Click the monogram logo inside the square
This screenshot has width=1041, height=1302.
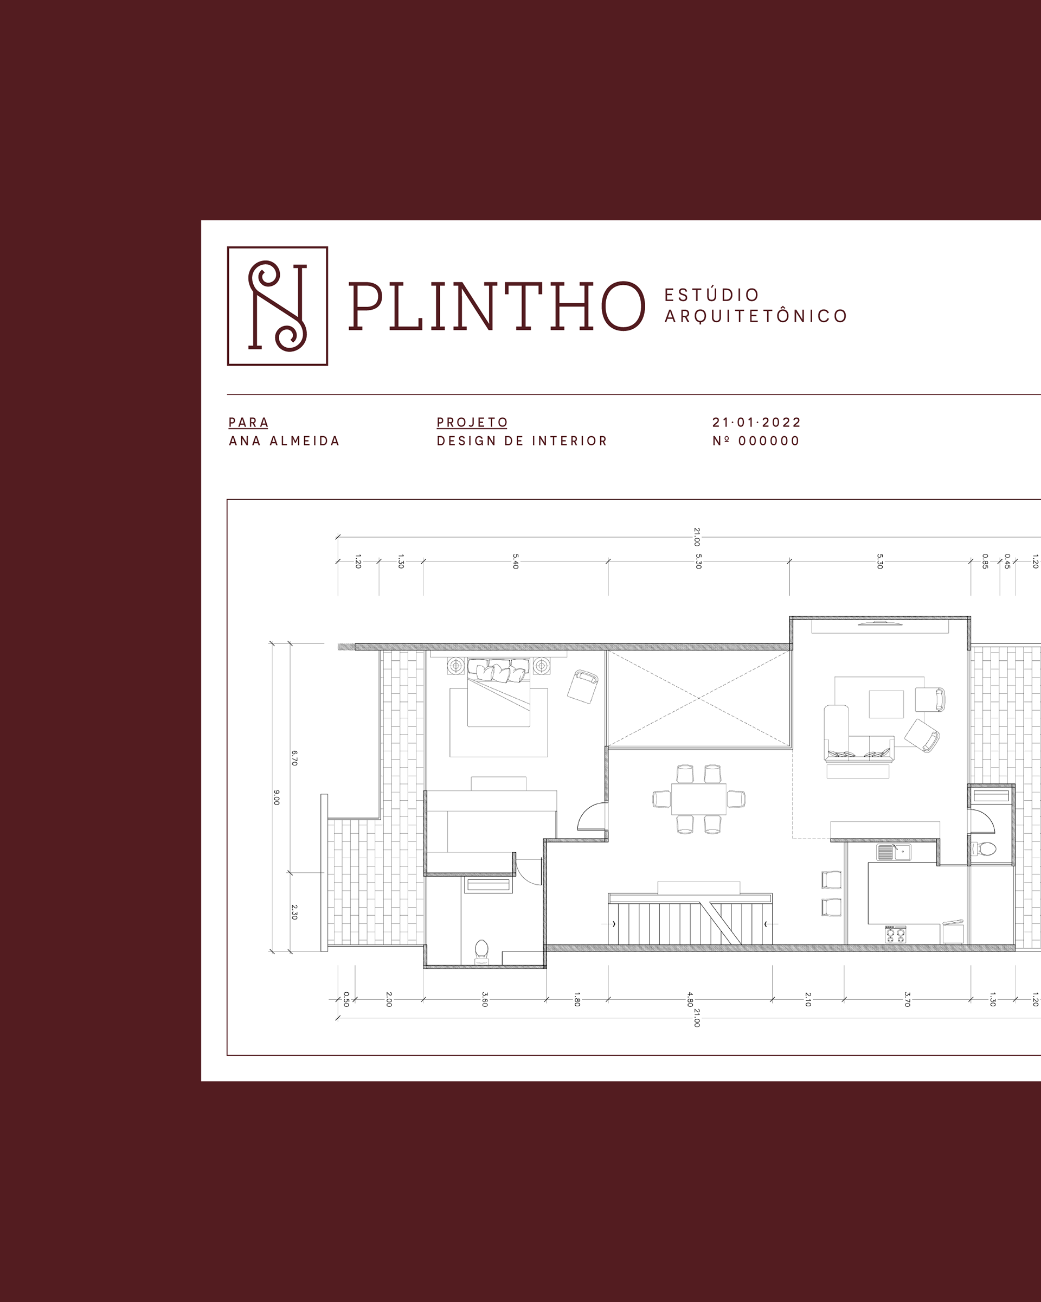(278, 305)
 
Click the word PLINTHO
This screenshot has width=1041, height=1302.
(497, 306)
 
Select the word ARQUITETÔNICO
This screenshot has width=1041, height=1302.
(756, 316)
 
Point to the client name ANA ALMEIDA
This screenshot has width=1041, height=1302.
(284, 441)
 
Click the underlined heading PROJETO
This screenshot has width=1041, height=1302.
(472, 422)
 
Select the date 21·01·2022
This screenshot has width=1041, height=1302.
(757, 422)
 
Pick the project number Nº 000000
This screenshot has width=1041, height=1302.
(756, 441)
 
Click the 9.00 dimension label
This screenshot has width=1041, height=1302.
(277, 797)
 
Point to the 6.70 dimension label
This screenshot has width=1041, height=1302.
(294, 758)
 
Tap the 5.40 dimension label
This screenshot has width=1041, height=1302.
(516, 561)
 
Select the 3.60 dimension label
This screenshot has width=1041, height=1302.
(485, 999)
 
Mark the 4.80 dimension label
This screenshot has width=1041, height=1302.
(690, 999)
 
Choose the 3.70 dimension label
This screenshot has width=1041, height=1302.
(907, 999)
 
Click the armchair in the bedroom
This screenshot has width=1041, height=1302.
(583, 686)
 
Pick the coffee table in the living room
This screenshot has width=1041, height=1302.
(886, 704)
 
